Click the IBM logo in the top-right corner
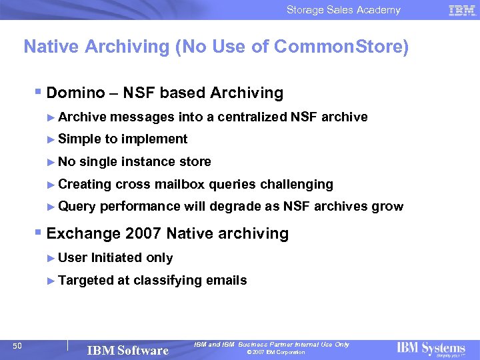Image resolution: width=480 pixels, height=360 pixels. (462, 10)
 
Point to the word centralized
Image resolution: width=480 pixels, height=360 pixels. (247, 117)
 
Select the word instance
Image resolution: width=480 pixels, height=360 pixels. (151, 161)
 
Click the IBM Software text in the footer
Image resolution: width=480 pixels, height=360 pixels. (128, 350)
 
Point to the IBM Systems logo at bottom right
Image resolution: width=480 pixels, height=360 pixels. (431, 348)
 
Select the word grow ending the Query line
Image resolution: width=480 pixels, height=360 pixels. (387, 207)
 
